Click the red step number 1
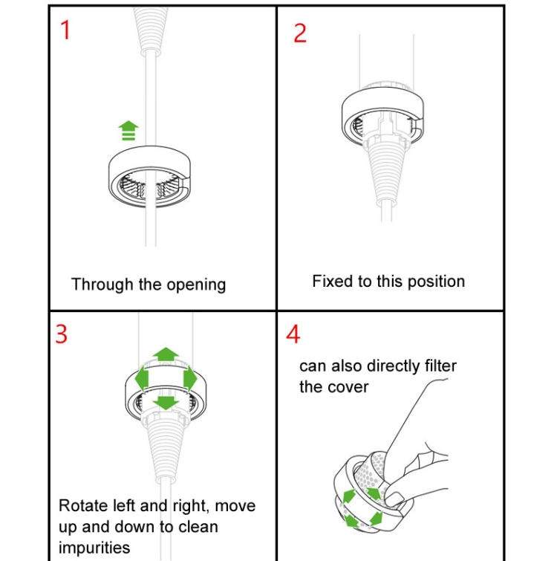tap(65, 30)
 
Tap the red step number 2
tap(300, 33)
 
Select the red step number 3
tap(61, 334)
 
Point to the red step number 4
tap(293, 334)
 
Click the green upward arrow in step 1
tap(128, 131)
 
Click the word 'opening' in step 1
tap(196, 285)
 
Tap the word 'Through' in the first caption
tap(102, 285)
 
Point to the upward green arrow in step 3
tap(166, 354)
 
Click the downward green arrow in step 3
tap(166, 403)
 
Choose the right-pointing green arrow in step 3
tap(190, 378)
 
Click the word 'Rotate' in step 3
tap(84, 506)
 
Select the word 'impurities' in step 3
tap(94, 548)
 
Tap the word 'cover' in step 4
tap(350, 387)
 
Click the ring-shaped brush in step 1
tap(150, 176)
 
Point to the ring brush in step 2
tap(382, 116)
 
